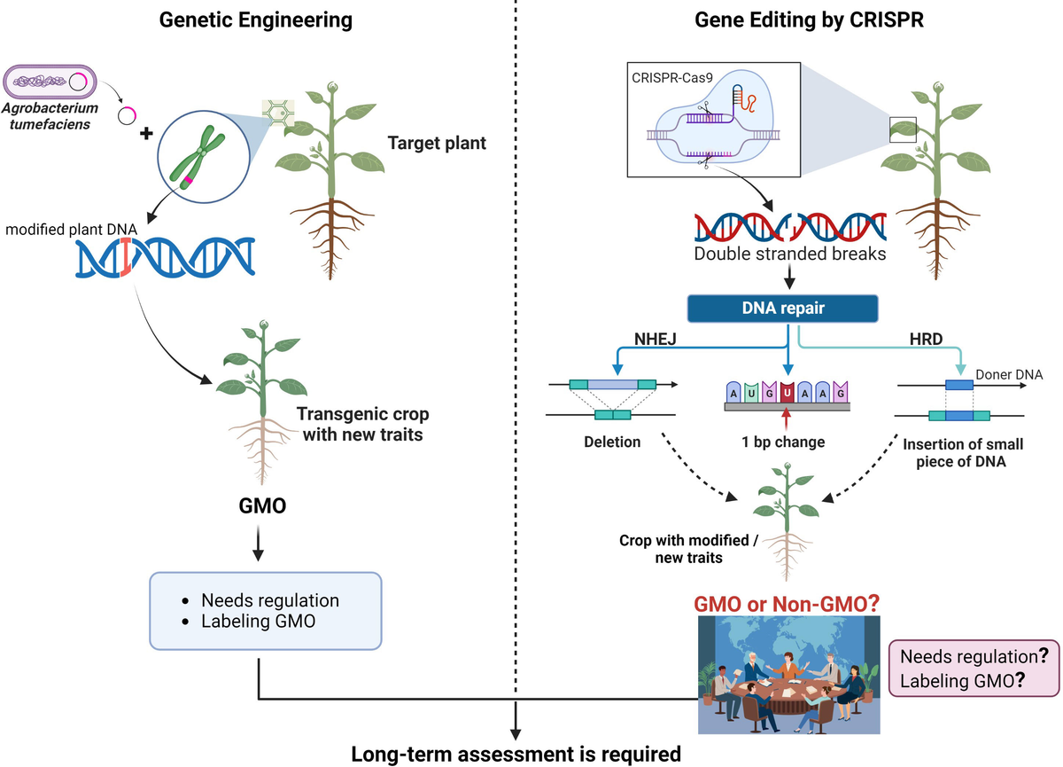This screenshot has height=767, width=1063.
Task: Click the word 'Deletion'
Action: pos(612,442)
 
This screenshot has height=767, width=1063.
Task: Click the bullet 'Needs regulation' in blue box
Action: pos(269,599)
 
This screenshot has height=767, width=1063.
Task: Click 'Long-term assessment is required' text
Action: pos(516,754)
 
